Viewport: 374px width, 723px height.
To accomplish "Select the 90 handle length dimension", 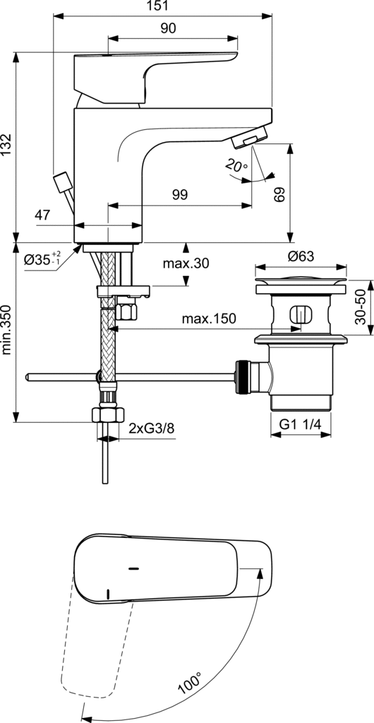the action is [x=168, y=28].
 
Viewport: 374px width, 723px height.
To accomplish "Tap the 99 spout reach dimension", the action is [x=180, y=195].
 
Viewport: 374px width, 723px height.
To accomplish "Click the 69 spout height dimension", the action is [x=278, y=195].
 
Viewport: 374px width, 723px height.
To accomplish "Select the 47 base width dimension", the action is [x=42, y=215].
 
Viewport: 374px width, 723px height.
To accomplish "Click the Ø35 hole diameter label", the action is [x=42, y=259].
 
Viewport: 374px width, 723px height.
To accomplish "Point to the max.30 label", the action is [x=186, y=264].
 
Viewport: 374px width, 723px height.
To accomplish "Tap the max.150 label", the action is [x=209, y=318].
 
